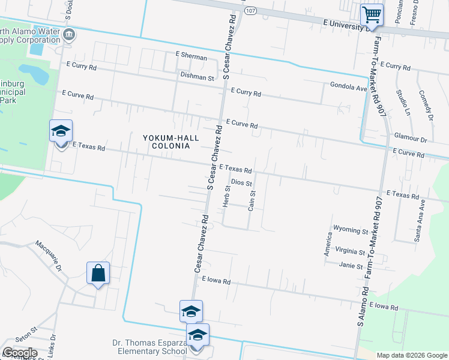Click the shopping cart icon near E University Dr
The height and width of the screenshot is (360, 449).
372,14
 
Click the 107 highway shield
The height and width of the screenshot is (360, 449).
251,11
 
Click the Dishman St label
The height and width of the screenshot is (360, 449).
197,77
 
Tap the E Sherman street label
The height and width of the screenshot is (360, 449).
191,55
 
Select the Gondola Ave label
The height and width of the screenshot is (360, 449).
348,87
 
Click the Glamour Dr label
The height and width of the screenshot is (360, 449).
411,139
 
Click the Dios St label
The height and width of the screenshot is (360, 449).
241,182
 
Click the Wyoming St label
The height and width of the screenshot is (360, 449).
350,230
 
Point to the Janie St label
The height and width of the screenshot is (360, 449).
351,266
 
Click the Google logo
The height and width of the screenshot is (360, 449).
20,353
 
